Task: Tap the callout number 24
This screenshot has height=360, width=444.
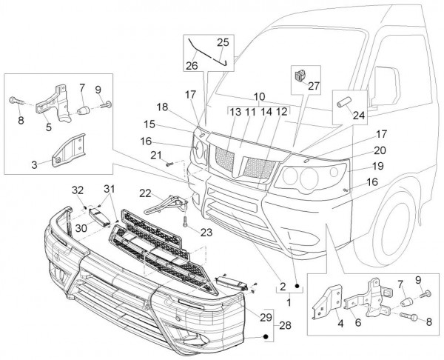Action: pyautogui.click(x=358, y=115)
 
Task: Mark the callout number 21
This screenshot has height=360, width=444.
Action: pyautogui.click(x=156, y=154)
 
